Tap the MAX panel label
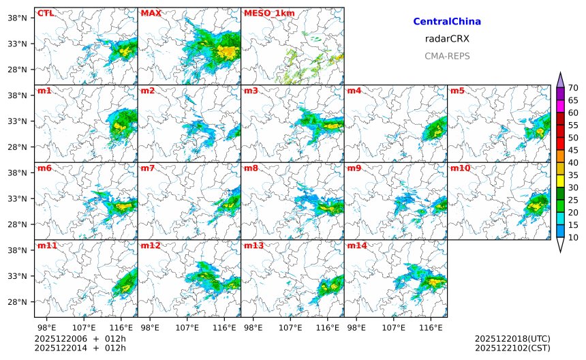pyautogui.click(x=151, y=13)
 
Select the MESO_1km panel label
pyautogui.click(x=266, y=13)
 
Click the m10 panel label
pyautogui.click(x=460, y=168)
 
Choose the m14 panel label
pyautogui.click(x=357, y=245)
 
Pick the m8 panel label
pyautogui.click(x=251, y=168)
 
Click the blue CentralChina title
pyautogui.click(x=447, y=22)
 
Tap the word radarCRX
pyautogui.click(x=447, y=39)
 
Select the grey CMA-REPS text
pyautogui.click(x=447, y=56)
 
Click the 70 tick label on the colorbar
pyautogui.click(x=574, y=88)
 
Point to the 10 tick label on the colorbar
pyautogui.click(x=574, y=237)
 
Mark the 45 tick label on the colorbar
pyautogui.click(x=574, y=150)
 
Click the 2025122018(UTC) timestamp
pyautogui.click(x=512, y=339)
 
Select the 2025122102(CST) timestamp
pyautogui.click(x=512, y=348)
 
